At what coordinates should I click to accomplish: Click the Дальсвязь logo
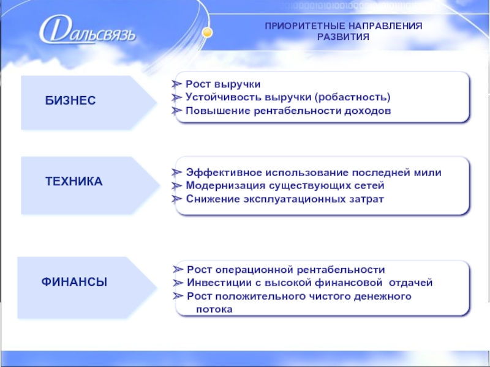pos(88,31)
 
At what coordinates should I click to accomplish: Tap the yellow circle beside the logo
pos(207,32)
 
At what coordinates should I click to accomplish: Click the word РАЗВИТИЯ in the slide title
pos(343,37)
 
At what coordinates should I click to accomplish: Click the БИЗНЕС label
pos(70,100)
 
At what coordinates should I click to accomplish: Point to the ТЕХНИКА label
pos(73,181)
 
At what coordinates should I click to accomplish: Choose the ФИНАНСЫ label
pos(74,282)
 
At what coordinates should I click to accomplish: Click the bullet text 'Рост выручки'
pos(223,84)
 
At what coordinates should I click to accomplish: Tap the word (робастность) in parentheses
pos(353,97)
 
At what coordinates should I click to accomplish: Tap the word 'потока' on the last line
pos(214,310)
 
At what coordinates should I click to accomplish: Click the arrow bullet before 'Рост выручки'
pos(176,84)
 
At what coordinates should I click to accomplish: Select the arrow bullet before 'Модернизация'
pos(176,186)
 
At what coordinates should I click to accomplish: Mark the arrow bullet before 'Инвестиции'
pos(178,283)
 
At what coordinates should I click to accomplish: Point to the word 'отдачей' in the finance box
pos(410,283)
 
